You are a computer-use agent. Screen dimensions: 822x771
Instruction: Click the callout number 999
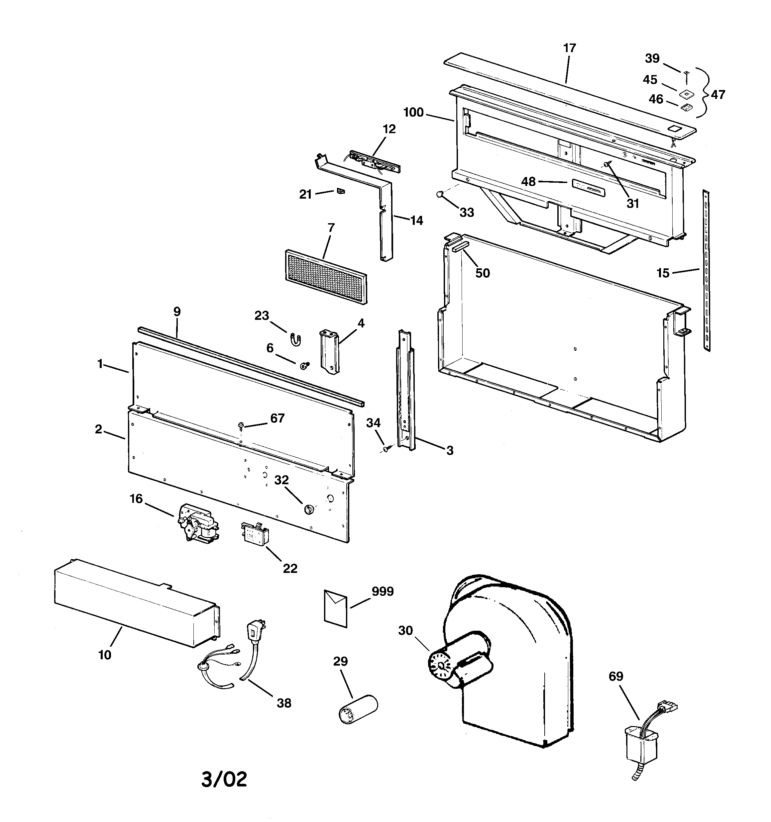(x=383, y=592)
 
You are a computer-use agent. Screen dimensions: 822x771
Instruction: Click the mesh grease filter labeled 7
(x=326, y=277)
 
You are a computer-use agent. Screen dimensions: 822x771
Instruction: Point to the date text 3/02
(x=224, y=779)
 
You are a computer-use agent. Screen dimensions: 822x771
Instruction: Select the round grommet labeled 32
(x=308, y=510)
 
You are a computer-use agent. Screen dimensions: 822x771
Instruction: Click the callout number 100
(x=413, y=113)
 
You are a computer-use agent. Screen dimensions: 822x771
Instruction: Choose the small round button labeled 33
(x=440, y=194)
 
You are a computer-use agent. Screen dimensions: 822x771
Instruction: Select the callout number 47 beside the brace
(x=718, y=95)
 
